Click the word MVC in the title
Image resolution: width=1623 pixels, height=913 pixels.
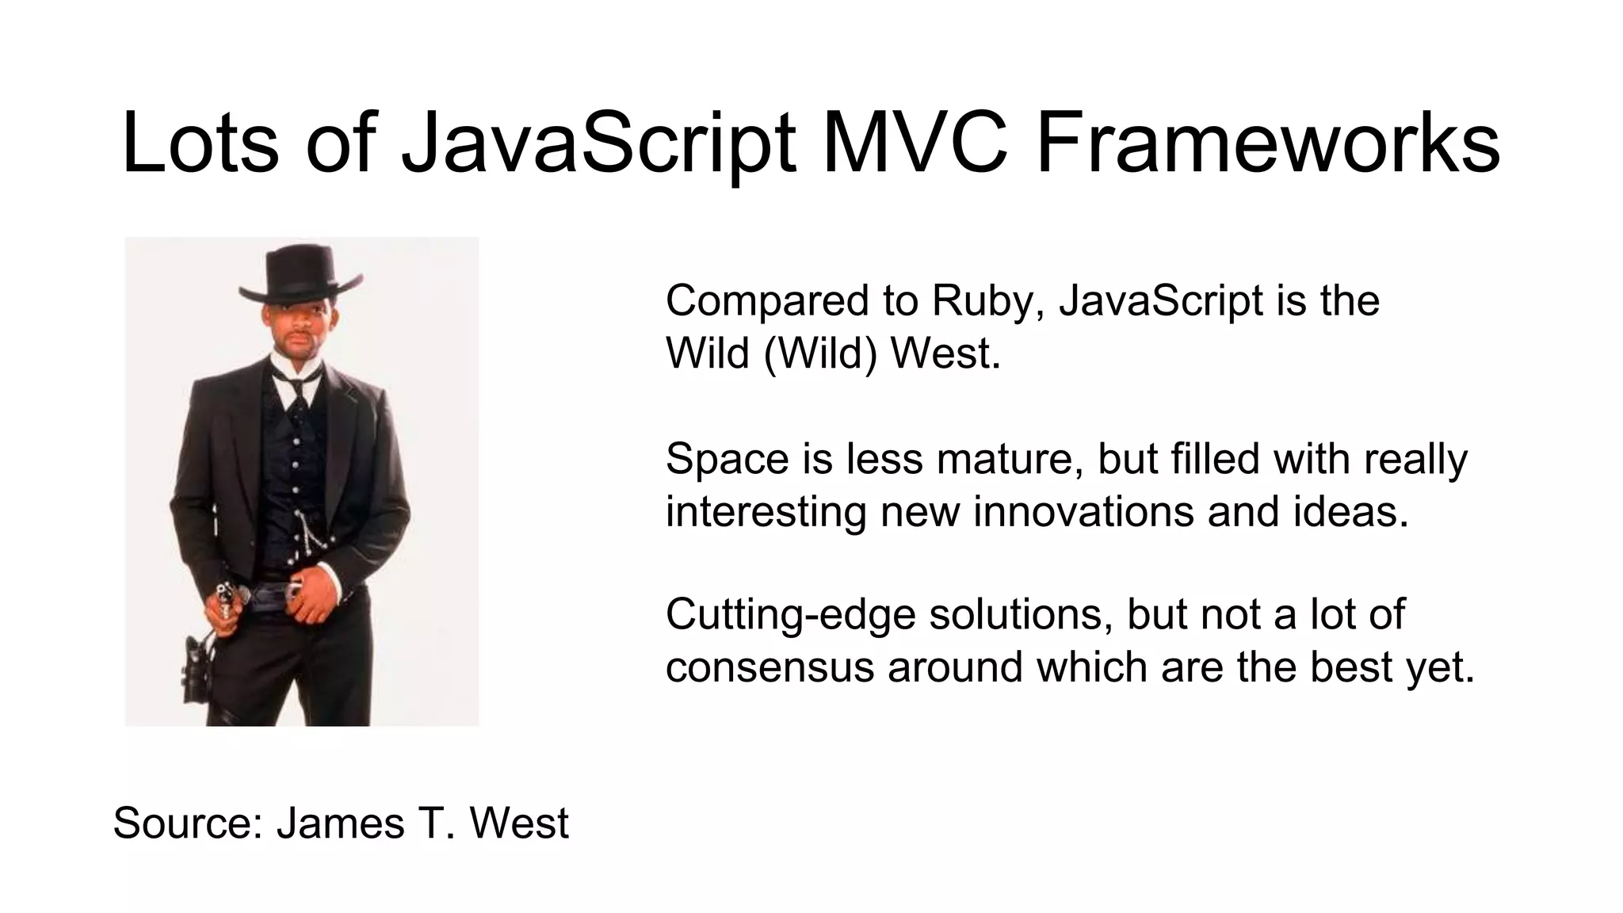coord(915,143)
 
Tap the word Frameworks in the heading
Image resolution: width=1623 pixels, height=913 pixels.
coord(1267,143)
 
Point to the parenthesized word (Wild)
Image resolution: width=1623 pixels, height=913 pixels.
coord(821,353)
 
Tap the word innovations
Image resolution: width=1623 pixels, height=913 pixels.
coord(1083,511)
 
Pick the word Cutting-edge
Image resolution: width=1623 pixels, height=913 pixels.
coord(790,616)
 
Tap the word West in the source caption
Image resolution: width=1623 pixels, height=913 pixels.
coord(519,823)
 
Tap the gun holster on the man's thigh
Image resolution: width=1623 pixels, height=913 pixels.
coord(195,666)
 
